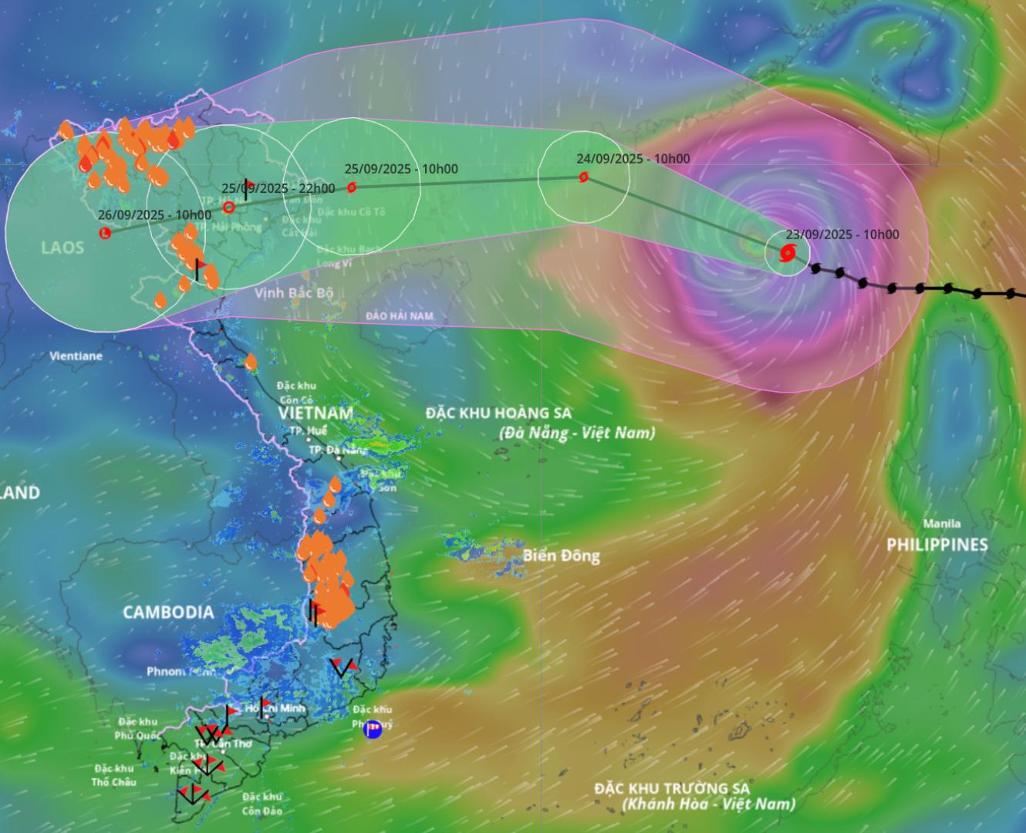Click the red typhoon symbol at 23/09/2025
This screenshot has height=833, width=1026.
[x=787, y=252]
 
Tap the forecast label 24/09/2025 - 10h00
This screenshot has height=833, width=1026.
[x=633, y=159]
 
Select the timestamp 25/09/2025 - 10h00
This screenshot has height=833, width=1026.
[x=401, y=169]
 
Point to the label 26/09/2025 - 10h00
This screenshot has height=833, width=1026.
[x=154, y=215]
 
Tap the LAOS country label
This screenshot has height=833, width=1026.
[x=62, y=248]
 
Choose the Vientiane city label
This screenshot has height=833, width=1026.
[x=76, y=356]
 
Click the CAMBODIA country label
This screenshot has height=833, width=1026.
[x=168, y=612]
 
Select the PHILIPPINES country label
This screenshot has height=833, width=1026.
[x=937, y=545]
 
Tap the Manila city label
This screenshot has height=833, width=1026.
[x=941, y=524]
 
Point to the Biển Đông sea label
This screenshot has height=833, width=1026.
[x=561, y=555]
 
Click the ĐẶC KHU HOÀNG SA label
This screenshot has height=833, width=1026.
[x=498, y=413]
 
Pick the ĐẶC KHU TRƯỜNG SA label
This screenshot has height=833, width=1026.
[x=672, y=788]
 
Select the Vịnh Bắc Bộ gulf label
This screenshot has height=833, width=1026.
[x=294, y=293]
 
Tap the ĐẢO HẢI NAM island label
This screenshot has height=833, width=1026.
[x=400, y=316]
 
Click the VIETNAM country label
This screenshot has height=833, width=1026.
[x=316, y=413]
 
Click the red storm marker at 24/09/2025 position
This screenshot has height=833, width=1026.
[x=584, y=177]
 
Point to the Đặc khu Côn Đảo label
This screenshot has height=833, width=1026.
[x=262, y=804]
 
